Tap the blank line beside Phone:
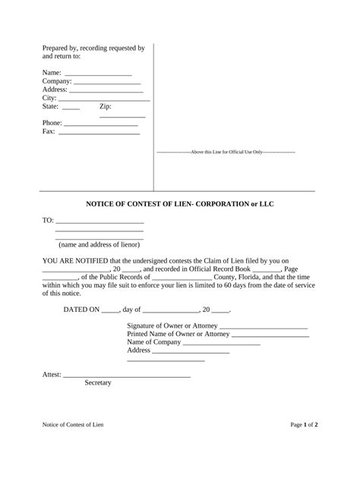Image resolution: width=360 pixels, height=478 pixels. [101, 124]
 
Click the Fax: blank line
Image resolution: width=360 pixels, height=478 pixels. [99, 133]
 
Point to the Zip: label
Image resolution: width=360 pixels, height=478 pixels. [106, 107]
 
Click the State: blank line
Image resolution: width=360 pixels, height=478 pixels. [71, 108]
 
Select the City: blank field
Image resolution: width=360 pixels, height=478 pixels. [104, 99]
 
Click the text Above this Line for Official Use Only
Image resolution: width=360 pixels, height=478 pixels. [226, 153]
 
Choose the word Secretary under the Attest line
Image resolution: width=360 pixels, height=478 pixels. [98, 383]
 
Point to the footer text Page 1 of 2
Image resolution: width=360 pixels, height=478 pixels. [304, 447]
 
